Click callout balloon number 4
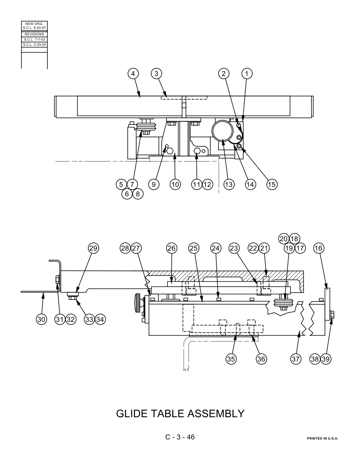click(133, 74)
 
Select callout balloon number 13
click(229, 184)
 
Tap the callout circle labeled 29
click(93, 248)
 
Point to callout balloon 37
click(296, 359)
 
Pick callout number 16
click(319, 248)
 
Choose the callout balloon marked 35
click(231, 359)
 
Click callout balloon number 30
click(41, 319)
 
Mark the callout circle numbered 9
click(154, 184)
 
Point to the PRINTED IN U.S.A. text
click(322, 438)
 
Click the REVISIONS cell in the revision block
click(34, 34)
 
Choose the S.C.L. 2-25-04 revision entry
click(34, 45)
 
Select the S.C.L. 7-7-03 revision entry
click(34, 39)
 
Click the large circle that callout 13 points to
click(222, 121)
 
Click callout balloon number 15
click(272, 184)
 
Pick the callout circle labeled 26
click(171, 248)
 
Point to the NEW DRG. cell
click(34, 26)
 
